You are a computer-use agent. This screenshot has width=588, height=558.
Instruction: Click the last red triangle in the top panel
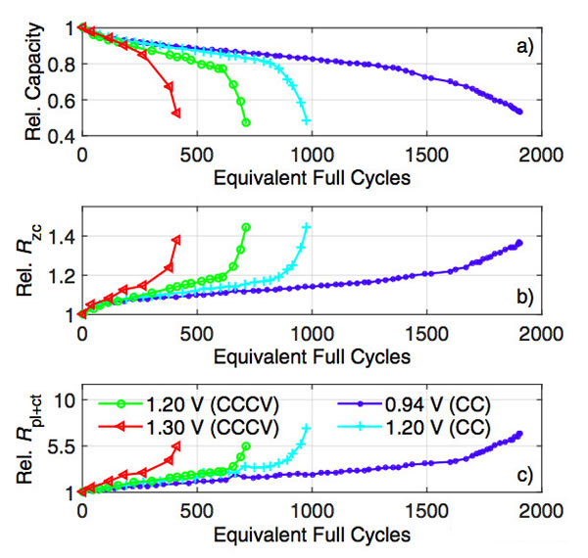(x=176, y=114)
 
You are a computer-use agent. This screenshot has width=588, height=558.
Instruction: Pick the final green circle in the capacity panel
(x=245, y=122)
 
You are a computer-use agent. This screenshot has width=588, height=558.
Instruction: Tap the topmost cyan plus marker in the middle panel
(x=307, y=227)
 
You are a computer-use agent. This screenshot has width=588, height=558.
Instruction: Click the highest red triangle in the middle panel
(x=176, y=239)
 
